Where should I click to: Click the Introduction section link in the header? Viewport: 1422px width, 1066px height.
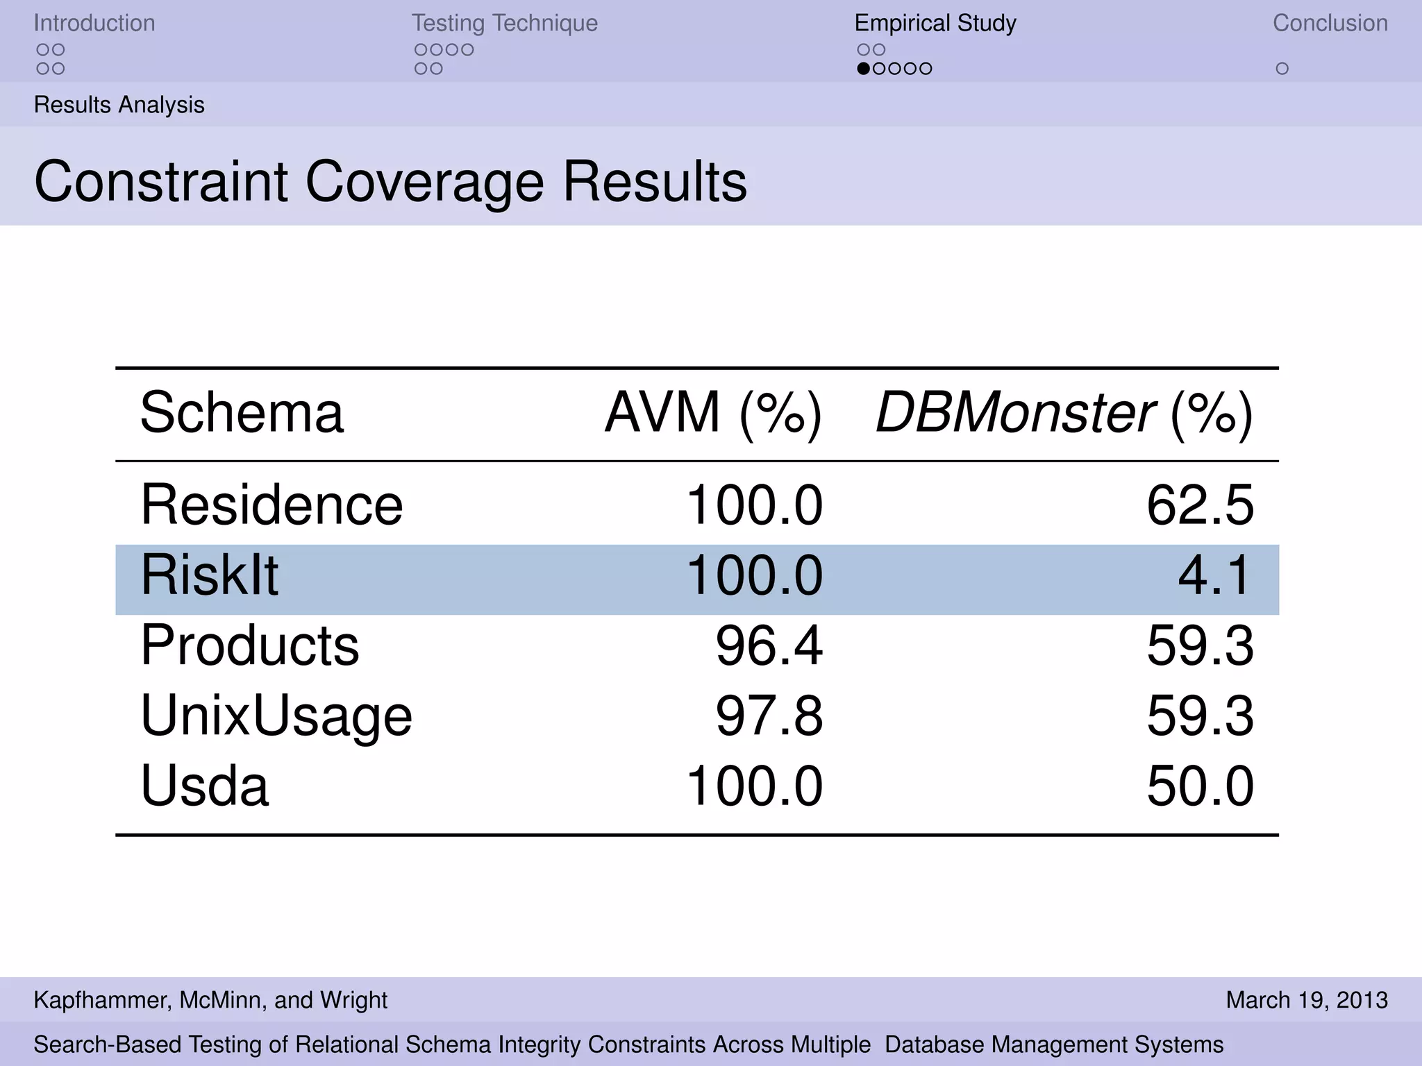pyautogui.click(x=94, y=23)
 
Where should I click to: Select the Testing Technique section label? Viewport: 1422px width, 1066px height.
pyautogui.click(x=504, y=23)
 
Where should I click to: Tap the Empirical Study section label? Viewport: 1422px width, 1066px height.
pyautogui.click(x=935, y=23)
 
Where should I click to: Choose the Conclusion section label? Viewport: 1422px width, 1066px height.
pyautogui.click(x=1330, y=23)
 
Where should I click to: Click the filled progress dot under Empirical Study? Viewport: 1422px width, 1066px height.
pyautogui.click(x=863, y=69)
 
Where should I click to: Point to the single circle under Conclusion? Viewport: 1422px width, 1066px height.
pyautogui.click(x=1282, y=69)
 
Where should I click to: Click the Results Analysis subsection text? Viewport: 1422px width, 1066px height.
pyautogui.click(x=119, y=105)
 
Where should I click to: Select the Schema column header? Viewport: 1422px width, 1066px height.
pyautogui.click(x=242, y=413)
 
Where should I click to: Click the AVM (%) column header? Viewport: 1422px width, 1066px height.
pyautogui.click(x=713, y=413)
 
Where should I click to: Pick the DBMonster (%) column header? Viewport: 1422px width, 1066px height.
pyautogui.click(x=1064, y=413)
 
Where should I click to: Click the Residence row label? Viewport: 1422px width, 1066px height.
pyautogui.click(x=271, y=505)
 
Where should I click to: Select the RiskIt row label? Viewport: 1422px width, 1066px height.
pyautogui.click(x=209, y=575)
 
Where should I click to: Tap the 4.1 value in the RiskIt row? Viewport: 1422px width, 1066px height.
pyautogui.click(x=1215, y=575)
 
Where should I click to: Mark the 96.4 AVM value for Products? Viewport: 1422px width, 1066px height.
pyautogui.click(x=769, y=645)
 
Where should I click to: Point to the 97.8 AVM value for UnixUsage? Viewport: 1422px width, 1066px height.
pyautogui.click(x=769, y=716)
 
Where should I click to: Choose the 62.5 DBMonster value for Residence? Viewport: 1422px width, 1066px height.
pyautogui.click(x=1200, y=505)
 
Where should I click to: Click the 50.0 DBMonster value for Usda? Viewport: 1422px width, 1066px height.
pyautogui.click(x=1200, y=786)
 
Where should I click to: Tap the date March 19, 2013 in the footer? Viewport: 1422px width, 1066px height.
pyautogui.click(x=1307, y=1000)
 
